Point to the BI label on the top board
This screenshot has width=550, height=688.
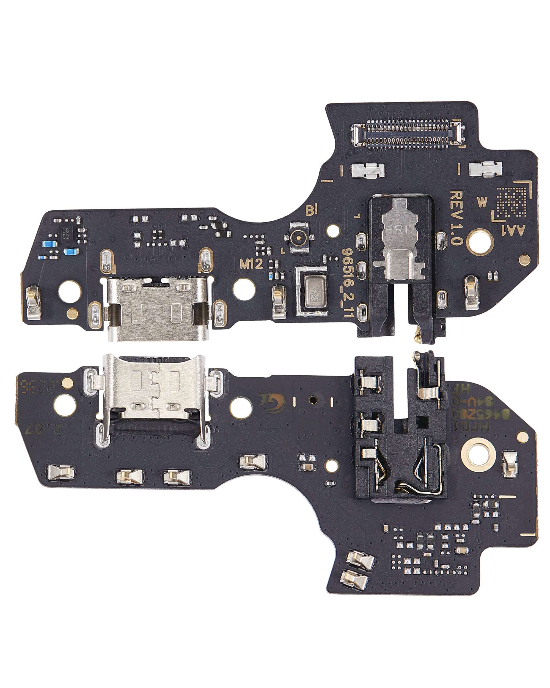[312, 210]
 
